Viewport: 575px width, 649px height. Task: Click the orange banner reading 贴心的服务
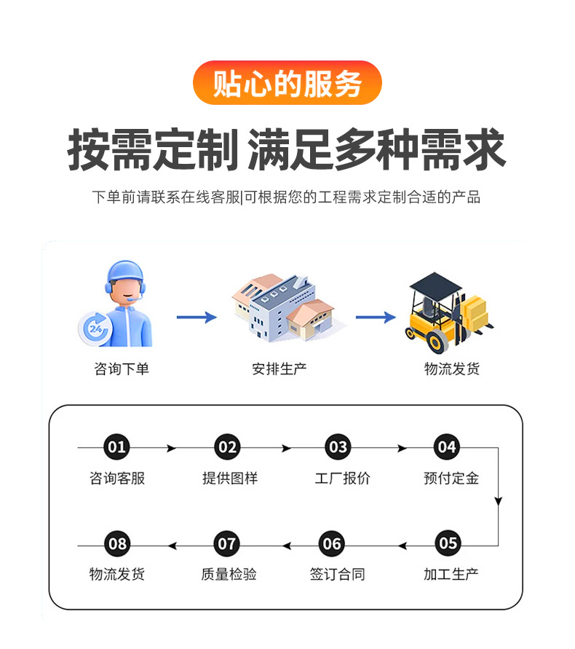[287, 83]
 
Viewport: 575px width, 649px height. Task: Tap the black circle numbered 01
[116, 447]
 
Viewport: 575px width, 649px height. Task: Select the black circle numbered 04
[447, 447]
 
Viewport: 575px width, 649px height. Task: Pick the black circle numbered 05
[448, 543]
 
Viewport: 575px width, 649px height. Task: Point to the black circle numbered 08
[117, 543]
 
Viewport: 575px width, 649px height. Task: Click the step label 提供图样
[230, 479]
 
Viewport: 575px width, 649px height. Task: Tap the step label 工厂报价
[343, 479]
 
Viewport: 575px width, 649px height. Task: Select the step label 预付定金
[451, 479]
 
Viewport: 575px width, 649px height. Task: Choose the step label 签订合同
[338, 575]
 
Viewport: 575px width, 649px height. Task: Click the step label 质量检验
[229, 575]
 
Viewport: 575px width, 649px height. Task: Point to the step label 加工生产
[451, 575]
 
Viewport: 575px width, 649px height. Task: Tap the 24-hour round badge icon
[95, 329]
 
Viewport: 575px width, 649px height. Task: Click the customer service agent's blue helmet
[125, 272]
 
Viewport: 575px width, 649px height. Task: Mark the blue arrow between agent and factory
[197, 318]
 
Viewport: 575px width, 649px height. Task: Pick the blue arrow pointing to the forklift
[376, 318]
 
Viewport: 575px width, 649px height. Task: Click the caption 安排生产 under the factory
[279, 369]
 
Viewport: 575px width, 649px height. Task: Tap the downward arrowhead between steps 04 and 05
[498, 501]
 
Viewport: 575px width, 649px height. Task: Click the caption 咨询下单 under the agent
[122, 369]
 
